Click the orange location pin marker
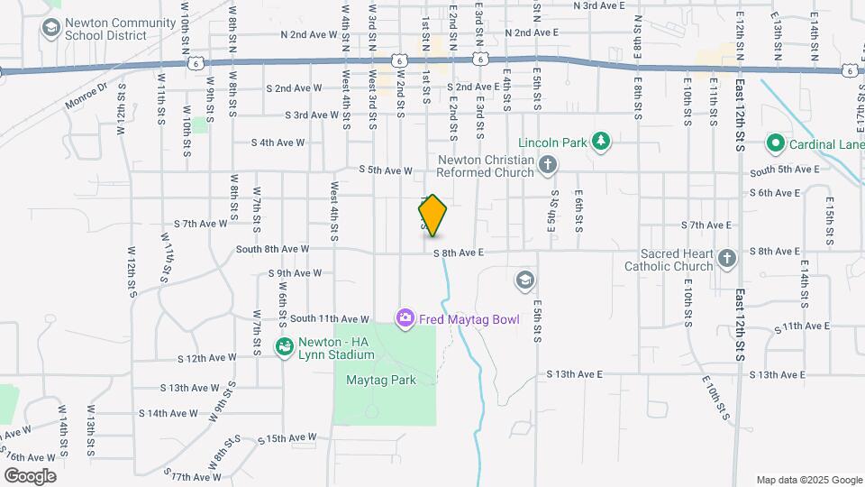click(x=433, y=215)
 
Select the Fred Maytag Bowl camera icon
click(x=405, y=317)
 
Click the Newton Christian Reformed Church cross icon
click(x=548, y=165)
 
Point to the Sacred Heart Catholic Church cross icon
click(x=728, y=260)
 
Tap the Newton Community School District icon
click(x=51, y=28)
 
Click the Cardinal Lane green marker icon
click(x=774, y=143)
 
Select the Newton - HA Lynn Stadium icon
click(x=284, y=346)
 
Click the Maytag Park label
click(x=381, y=380)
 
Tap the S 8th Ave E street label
click(x=459, y=253)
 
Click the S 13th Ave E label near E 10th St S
click(x=574, y=374)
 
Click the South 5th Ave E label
click(x=784, y=170)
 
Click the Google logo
click(x=30, y=476)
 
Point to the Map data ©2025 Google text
click(x=808, y=480)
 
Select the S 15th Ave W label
click(x=287, y=438)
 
